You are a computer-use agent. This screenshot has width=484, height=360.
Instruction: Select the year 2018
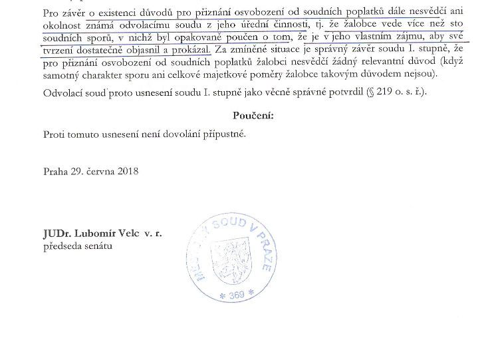[x=126, y=171]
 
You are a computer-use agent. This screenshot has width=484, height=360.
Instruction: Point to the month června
[x=97, y=171]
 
